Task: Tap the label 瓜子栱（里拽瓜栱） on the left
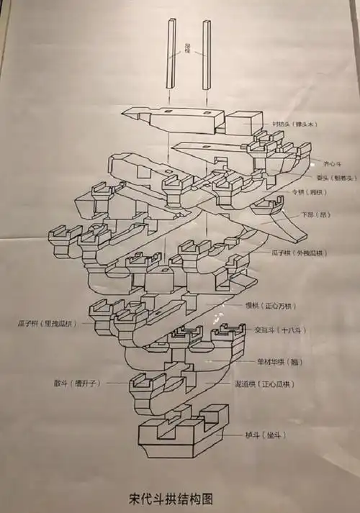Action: [x=48, y=323]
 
